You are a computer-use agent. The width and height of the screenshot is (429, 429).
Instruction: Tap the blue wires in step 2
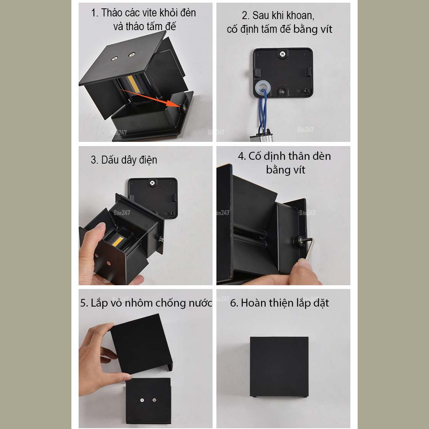point(263,111)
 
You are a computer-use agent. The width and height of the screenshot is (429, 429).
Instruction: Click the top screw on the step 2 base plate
point(282,54)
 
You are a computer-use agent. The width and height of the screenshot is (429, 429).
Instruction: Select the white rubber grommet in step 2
point(263,87)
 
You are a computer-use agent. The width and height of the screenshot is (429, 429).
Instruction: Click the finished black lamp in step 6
point(279,367)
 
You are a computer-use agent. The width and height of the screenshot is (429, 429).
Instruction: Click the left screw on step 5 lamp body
point(142,400)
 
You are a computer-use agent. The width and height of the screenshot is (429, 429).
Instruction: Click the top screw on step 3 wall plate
point(152,183)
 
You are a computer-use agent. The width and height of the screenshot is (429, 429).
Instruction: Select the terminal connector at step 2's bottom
point(261,136)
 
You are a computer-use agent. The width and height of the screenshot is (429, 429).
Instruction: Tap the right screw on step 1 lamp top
point(132,55)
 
